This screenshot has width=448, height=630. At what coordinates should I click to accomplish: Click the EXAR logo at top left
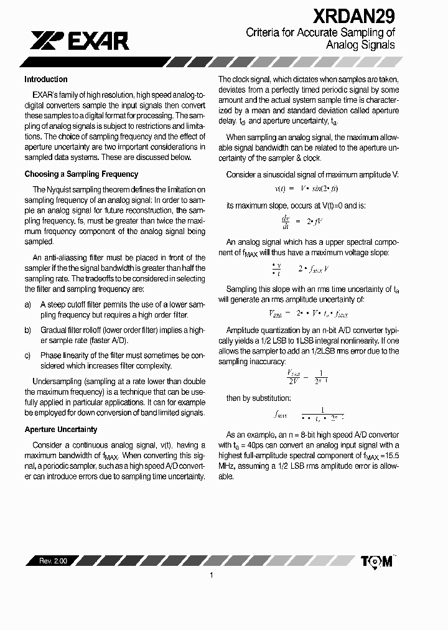coord(79,41)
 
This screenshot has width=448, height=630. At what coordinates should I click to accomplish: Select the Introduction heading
coord(46,80)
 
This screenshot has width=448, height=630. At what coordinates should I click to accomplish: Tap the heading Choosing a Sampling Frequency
coord(81,174)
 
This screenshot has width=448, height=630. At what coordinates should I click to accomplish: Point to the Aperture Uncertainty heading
coord(61,430)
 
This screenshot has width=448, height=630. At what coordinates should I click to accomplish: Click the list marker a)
coord(27,304)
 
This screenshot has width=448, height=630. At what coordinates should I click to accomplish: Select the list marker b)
coord(27,330)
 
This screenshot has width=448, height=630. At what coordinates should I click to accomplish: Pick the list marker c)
coord(27,355)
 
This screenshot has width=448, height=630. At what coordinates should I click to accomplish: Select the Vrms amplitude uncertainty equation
coord(308,314)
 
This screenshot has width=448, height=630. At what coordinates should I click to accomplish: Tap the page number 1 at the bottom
coord(212,576)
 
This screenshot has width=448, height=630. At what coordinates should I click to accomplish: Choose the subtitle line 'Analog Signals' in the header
coord(360,45)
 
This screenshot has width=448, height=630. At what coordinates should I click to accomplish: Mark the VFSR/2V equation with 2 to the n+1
coord(307,377)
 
